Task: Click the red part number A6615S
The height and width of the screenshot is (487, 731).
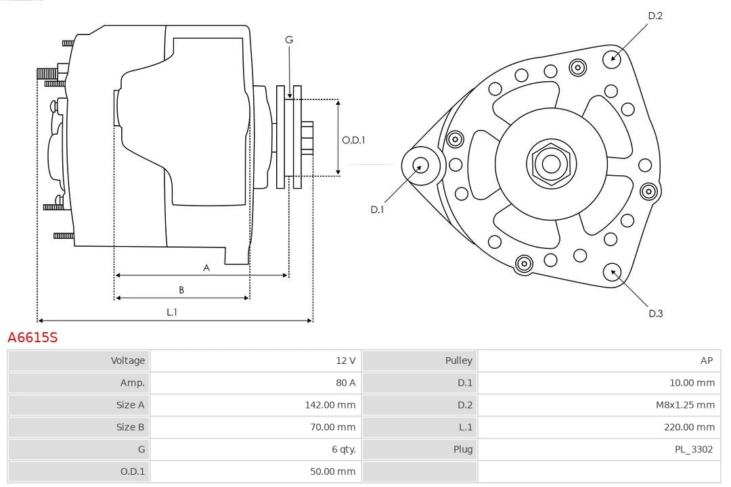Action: [32, 337]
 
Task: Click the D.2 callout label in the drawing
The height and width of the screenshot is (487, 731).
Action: [655, 16]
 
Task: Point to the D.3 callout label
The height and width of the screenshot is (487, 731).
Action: [655, 313]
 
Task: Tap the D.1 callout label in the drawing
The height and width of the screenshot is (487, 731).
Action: [377, 210]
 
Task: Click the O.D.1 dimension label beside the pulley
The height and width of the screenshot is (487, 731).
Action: [353, 140]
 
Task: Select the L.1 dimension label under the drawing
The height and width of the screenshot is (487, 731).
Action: [172, 312]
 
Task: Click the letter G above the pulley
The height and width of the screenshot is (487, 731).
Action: [289, 40]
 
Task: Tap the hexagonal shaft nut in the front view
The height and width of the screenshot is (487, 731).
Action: [551, 164]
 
